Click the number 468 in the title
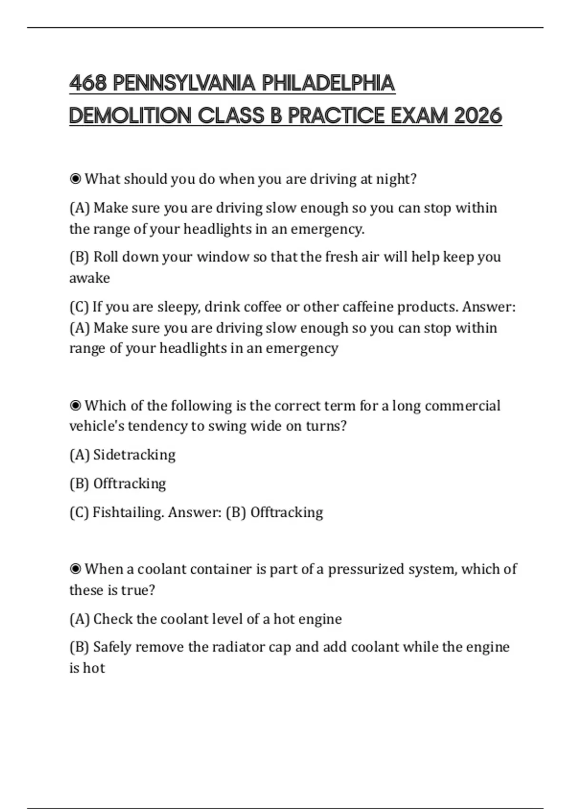tap(88, 83)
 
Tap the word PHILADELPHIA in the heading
tap(328, 83)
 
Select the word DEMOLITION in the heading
tap(130, 116)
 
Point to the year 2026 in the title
tap(478, 116)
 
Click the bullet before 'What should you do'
tap(75, 179)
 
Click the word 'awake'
tap(89, 278)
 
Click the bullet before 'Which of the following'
tap(75, 405)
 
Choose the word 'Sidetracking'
tap(134, 455)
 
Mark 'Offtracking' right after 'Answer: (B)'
tap(286, 513)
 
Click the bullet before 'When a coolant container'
tap(75, 569)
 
